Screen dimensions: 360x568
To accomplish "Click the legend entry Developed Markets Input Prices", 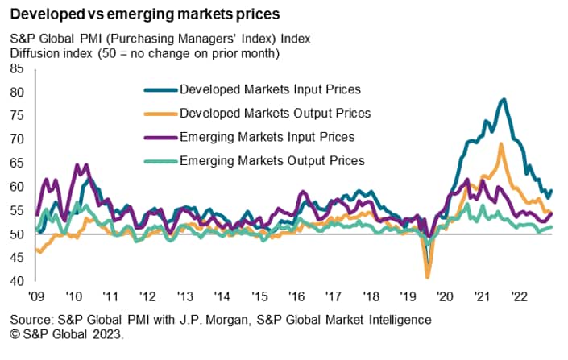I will pyautogui.click(x=270, y=89).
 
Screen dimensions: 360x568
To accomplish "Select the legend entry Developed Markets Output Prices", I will pyautogui.click(x=275, y=113).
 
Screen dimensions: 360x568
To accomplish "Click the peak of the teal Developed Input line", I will pyautogui.click(x=504, y=99).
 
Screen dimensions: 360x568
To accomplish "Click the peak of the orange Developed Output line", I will pyautogui.click(x=501, y=144).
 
